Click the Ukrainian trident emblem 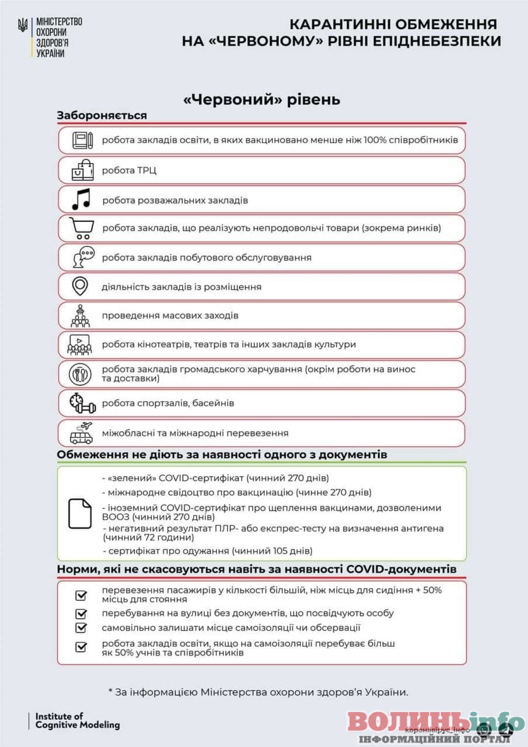(22, 25)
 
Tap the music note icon (81, 199)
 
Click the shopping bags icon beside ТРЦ (82, 170)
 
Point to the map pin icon (80, 286)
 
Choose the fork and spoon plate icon (80, 374)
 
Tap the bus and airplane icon (82, 433)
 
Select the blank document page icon (80, 513)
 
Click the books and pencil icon (83, 140)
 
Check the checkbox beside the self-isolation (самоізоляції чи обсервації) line (81, 628)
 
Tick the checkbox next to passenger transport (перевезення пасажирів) (81, 595)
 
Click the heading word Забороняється (102, 116)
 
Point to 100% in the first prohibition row (374, 140)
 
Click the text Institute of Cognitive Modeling (77, 721)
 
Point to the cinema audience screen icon (80, 344)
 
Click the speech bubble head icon (83, 257)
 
